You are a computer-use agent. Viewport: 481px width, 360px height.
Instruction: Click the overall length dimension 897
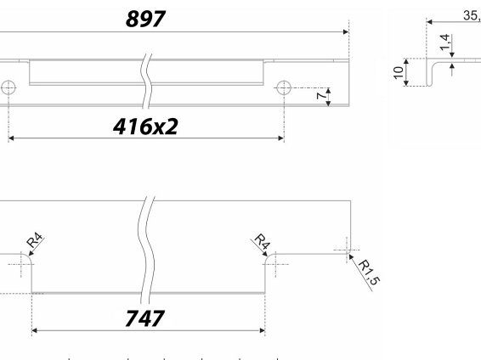145,19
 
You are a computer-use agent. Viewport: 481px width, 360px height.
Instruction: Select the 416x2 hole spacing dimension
145,127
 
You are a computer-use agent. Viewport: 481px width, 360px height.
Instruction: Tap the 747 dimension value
144,318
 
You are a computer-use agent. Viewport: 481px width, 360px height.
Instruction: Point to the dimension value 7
321,96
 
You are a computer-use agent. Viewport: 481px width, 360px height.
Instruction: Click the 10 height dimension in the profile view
399,72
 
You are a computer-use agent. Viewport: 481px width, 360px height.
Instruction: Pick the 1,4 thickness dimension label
445,42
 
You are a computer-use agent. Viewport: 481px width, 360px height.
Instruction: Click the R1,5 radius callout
369,272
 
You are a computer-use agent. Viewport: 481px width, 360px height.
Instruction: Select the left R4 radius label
35,240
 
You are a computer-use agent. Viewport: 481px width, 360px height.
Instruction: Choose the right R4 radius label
263,241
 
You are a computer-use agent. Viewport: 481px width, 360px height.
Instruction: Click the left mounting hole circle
8,88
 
